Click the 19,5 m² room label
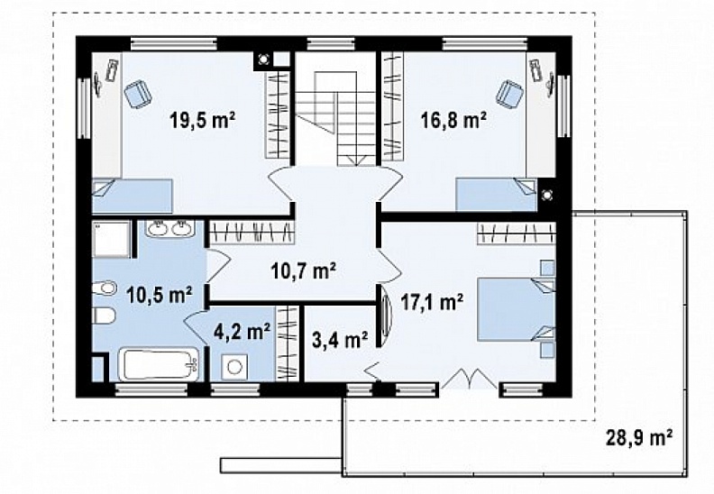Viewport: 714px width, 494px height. tap(202, 120)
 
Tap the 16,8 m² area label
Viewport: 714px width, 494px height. tap(453, 120)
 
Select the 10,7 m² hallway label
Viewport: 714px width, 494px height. tap(303, 271)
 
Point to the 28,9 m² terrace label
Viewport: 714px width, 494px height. tap(639, 438)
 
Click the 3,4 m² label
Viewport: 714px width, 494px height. tap(340, 339)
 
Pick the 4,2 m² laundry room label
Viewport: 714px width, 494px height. tap(243, 332)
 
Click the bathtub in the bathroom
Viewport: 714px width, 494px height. tap(159, 364)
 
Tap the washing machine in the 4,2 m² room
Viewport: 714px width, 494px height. tap(234, 367)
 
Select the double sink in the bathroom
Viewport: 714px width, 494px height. tap(170, 228)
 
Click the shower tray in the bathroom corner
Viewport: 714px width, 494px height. tap(112, 239)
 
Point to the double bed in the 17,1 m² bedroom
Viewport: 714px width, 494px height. tap(517, 309)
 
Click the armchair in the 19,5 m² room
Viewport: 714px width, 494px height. tap(138, 94)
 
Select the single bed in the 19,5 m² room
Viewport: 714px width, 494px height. tap(132, 196)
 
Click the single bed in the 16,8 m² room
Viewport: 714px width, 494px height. tap(497, 195)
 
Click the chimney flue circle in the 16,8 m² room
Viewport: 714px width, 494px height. tap(546, 195)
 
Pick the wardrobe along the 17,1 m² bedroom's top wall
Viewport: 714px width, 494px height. tap(517, 232)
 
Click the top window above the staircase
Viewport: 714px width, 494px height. tap(331, 43)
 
